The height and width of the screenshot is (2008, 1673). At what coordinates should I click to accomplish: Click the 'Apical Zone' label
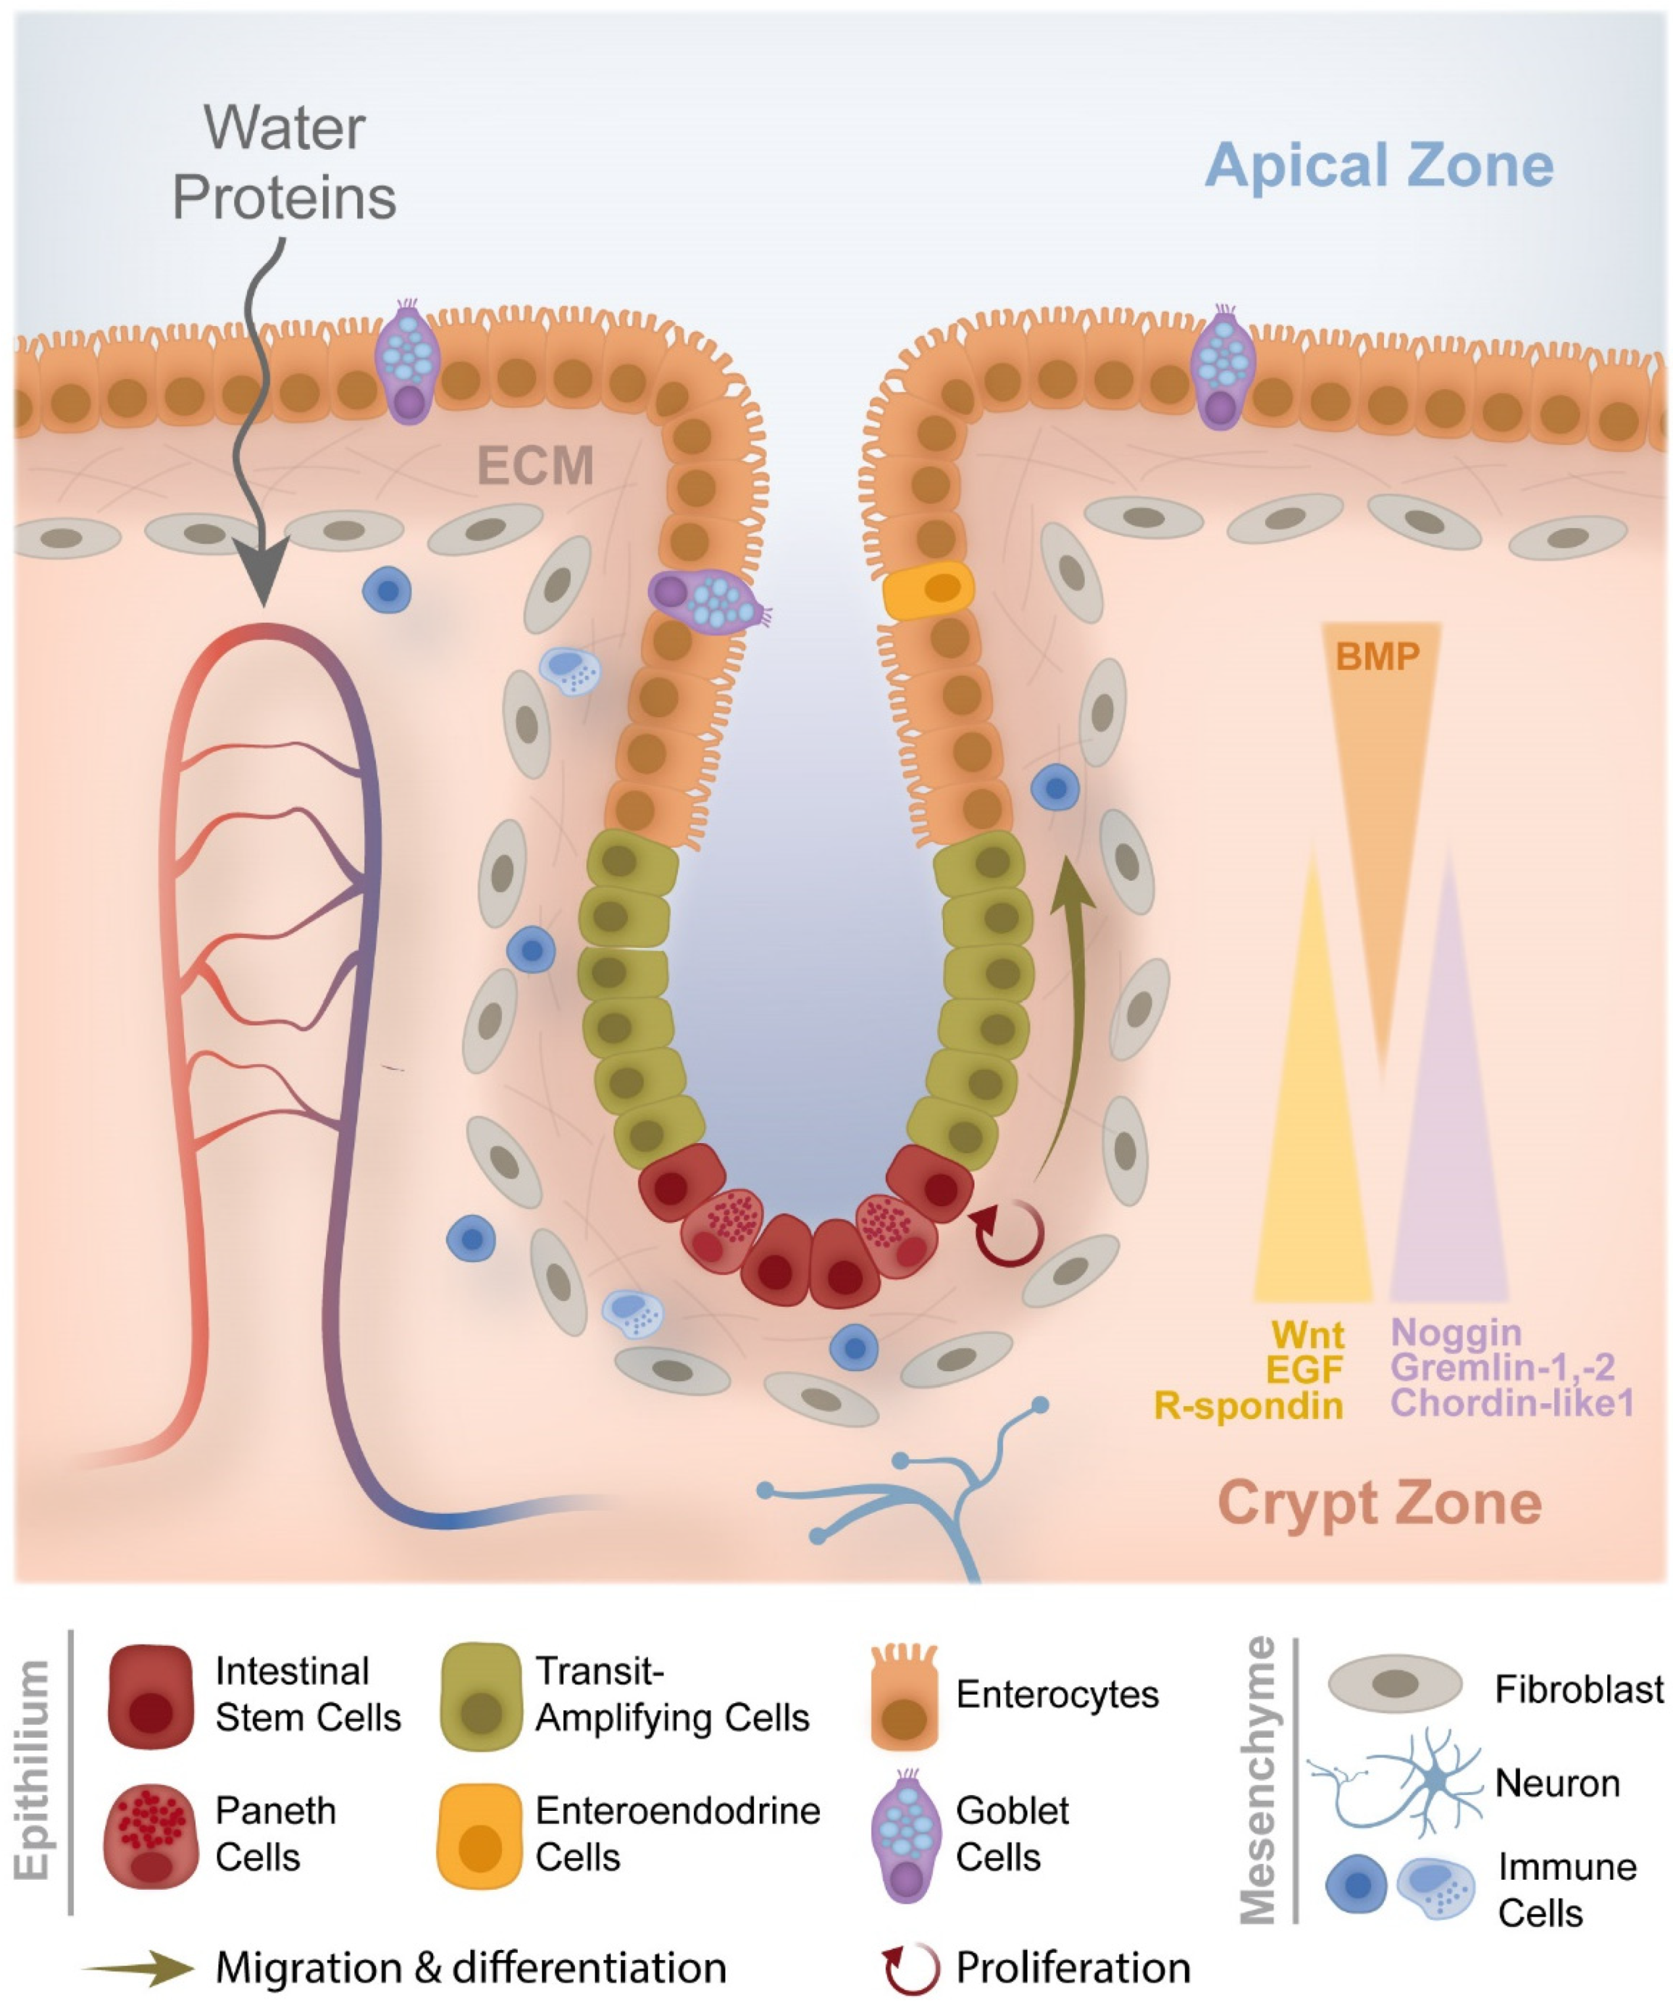tap(1379, 166)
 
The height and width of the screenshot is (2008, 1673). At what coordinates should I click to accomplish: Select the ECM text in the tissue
tap(536, 467)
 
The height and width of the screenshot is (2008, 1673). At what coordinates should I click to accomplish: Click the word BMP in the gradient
tap(1377, 657)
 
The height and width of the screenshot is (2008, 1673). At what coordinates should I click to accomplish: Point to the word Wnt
tap(1307, 1335)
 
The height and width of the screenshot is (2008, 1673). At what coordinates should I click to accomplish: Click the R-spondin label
tap(1249, 1405)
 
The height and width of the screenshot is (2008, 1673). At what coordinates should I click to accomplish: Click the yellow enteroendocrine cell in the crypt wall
tap(927, 591)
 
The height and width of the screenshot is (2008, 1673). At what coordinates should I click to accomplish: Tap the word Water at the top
tap(285, 128)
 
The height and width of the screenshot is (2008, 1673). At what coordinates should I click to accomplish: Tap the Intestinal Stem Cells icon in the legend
tap(151, 1696)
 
